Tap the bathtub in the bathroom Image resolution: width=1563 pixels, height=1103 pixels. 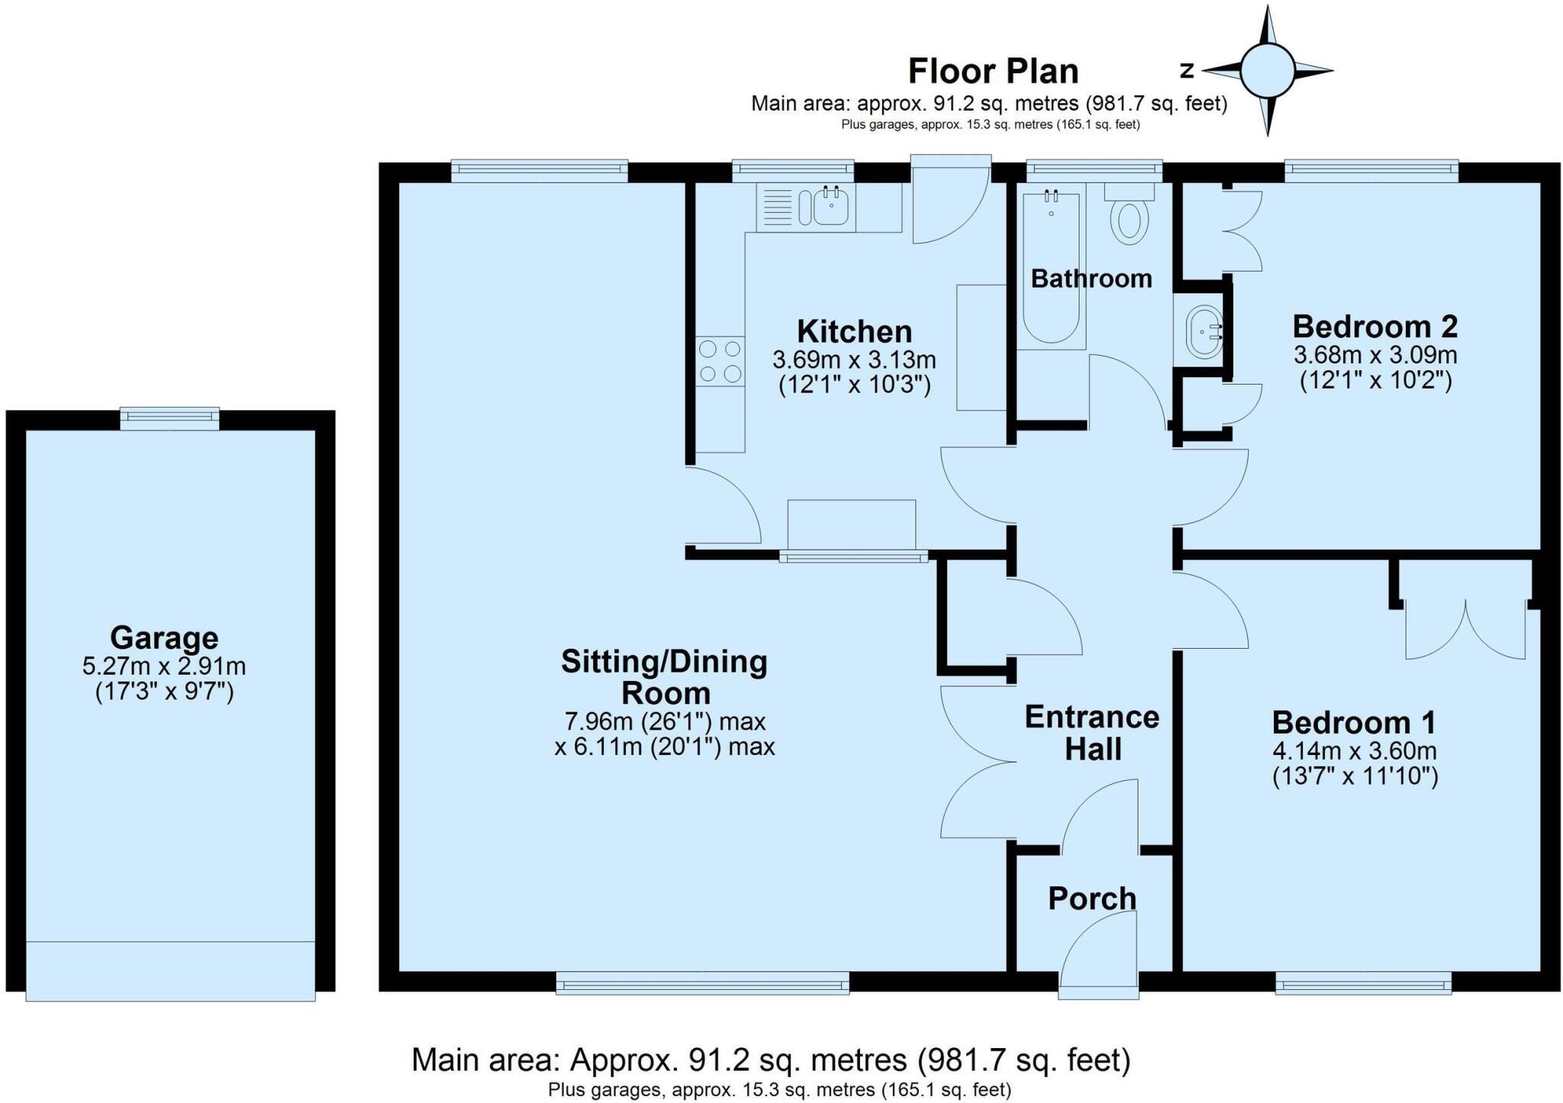point(1051,267)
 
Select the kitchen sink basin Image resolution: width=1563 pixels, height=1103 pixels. point(830,207)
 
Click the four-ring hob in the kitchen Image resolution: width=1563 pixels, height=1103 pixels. point(720,361)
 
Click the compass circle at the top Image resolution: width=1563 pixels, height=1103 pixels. point(1267,70)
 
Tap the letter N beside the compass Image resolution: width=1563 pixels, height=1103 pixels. point(1187,70)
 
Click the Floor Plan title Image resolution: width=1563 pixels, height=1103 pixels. point(993,72)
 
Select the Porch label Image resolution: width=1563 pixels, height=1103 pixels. point(1092,898)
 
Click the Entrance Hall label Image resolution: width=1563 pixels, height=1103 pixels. point(1092,733)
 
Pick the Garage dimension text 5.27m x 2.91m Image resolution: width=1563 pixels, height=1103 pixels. point(164,666)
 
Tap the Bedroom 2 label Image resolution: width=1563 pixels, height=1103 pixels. point(1374,327)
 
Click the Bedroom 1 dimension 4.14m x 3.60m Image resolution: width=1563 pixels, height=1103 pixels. point(1354,751)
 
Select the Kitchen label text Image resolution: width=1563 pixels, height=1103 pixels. point(854,332)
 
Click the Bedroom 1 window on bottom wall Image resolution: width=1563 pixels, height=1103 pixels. point(1363,984)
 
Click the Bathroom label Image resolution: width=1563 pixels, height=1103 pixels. point(1091,279)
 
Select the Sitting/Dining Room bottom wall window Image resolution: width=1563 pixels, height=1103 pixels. point(702,984)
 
